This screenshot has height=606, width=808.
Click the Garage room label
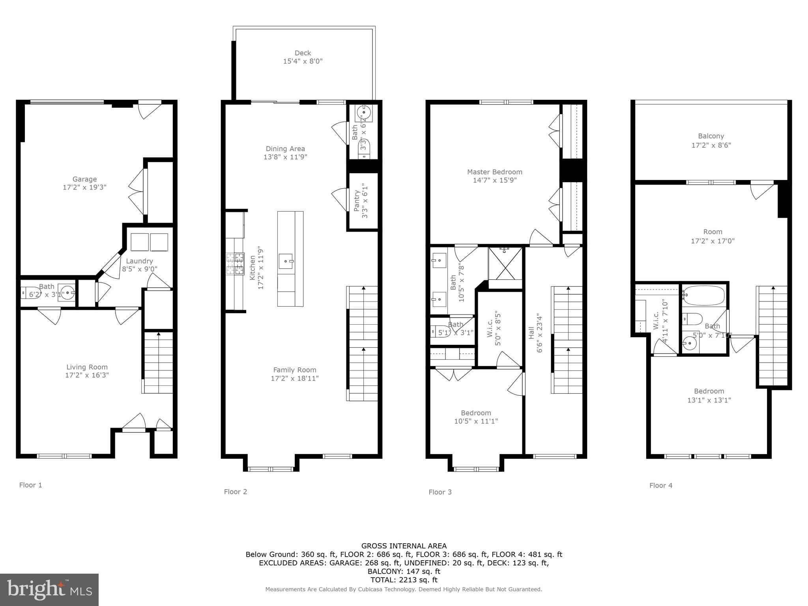coord(84,179)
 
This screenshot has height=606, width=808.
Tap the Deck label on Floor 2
coord(303,53)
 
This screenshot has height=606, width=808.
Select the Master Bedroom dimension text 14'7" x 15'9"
coord(494,180)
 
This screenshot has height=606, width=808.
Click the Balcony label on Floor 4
coord(711,136)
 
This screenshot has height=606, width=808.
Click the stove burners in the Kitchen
coord(235,264)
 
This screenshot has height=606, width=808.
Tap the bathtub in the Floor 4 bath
coord(704,296)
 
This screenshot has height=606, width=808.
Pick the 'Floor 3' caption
coord(440,492)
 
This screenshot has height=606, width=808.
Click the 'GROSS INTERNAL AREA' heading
coord(404,546)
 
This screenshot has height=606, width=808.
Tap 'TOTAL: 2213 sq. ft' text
coord(404,580)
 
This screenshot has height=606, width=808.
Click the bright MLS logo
coord(49,590)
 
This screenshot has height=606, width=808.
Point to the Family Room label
coord(295,370)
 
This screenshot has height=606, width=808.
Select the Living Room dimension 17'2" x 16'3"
coord(87,375)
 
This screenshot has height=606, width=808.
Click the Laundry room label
coord(139,261)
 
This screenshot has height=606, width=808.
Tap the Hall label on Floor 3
coord(531,332)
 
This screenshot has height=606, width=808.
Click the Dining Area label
coord(285,149)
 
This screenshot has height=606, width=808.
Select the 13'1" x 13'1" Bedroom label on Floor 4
coord(709,400)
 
